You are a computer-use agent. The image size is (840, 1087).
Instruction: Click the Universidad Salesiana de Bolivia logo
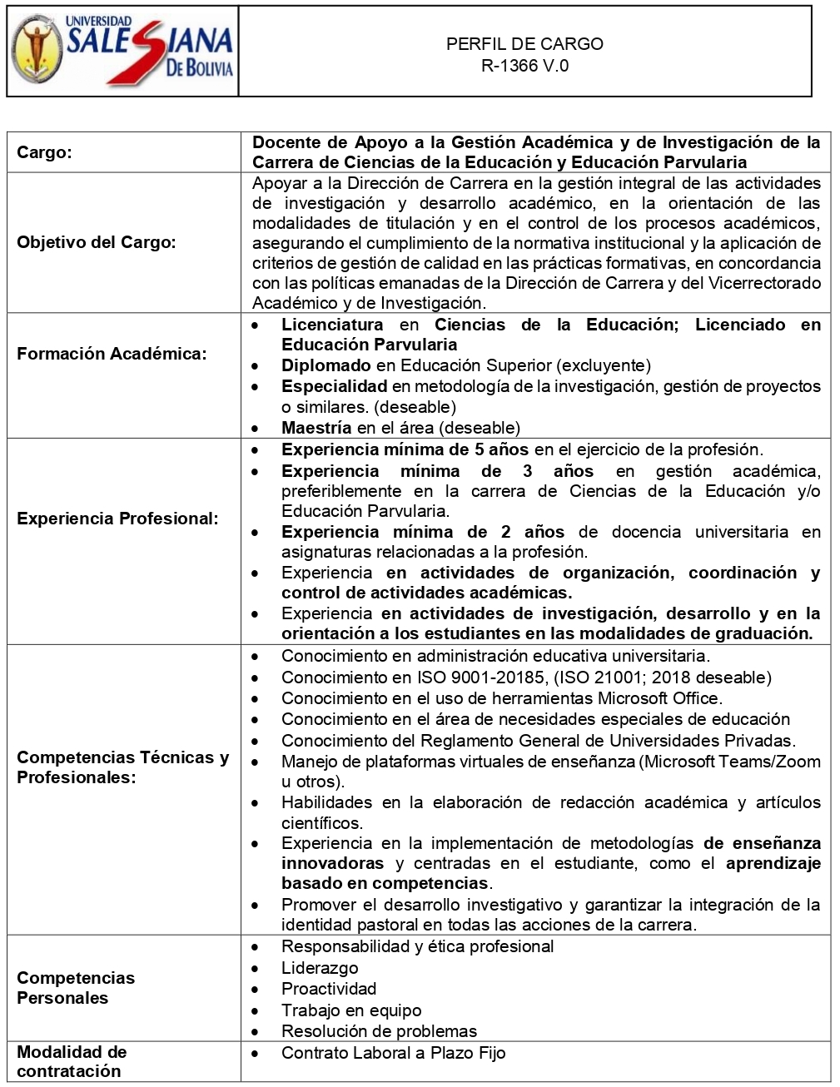[x=122, y=51]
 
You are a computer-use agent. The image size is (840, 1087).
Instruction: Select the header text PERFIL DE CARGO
[x=524, y=44]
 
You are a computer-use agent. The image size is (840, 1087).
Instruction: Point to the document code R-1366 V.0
[x=524, y=66]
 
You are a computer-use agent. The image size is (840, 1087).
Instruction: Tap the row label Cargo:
[x=45, y=153]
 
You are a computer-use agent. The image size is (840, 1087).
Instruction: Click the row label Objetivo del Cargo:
[x=97, y=243]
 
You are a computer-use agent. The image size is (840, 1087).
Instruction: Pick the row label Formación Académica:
[x=111, y=354]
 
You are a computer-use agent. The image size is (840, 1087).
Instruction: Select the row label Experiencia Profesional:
[x=117, y=519]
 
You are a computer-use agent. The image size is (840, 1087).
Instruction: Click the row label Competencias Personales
[x=76, y=988]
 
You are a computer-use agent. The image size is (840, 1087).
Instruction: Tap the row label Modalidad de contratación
[x=72, y=1061]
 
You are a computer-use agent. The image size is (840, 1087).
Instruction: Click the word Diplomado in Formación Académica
[x=326, y=365]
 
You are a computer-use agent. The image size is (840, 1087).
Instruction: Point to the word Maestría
[x=316, y=428]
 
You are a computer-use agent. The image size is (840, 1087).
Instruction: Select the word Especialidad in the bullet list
[x=334, y=386]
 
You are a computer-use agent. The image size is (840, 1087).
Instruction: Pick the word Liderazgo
[x=320, y=968]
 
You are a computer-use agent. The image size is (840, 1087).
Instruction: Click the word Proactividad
[x=329, y=989]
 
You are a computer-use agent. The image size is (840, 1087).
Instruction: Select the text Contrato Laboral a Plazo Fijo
[x=393, y=1053]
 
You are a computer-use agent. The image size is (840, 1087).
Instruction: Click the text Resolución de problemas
[x=379, y=1031]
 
